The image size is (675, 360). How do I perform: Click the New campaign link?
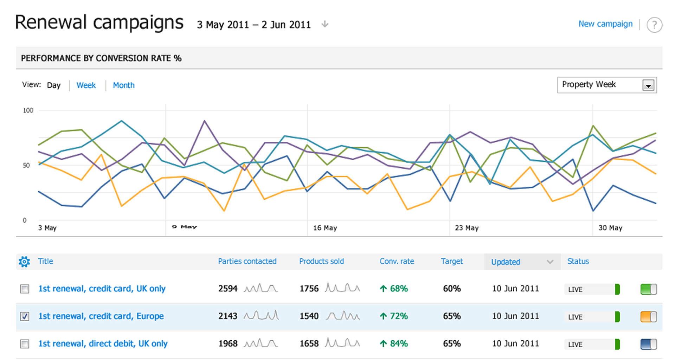(x=605, y=24)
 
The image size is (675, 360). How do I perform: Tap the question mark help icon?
(x=654, y=25)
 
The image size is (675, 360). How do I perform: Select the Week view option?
(x=86, y=85)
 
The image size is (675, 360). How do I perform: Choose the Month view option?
(x=124, y=85)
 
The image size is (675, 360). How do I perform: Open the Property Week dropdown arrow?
(x=648, y=85)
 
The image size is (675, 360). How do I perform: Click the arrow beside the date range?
(x=325, y=24)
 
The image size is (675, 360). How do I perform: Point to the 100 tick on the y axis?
(x=28, y=110)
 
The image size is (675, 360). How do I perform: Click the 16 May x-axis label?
(x=325, y=228)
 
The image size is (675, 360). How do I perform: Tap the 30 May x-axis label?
(x=610, y=228)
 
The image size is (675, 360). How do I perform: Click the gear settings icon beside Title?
(x=24, y=262)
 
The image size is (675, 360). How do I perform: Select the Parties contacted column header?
(x=247, y=261)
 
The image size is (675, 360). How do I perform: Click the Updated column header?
(x=506, y=262)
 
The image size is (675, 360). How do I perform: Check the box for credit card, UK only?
(x=25, y=289)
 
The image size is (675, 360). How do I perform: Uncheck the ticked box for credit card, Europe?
(x=25, y=316)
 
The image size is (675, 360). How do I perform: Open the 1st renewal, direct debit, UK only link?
(x=103, y=343)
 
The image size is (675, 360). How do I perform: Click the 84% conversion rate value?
(x=399, y=343)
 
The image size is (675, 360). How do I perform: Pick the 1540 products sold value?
(x=309, y=316)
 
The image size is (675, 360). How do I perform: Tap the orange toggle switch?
(x=649, y=317)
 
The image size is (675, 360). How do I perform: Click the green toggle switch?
(x=649, y=289)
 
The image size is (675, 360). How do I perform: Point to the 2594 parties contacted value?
(x=228, y=289)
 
